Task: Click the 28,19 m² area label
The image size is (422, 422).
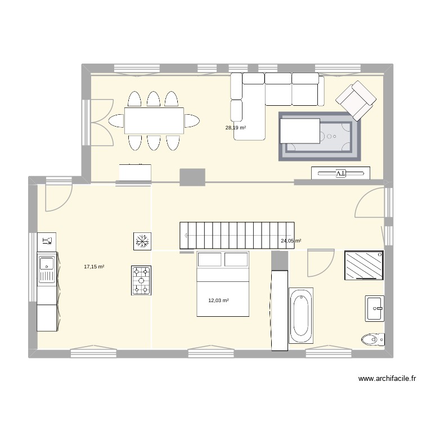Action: (x=236, y=128)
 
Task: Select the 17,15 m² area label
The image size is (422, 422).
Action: (x=94, y=267)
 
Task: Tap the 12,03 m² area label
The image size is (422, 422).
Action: (x=218, y=300)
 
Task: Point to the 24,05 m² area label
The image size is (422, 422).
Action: (x=291, y=241)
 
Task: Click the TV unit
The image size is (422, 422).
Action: (x=341, y=173)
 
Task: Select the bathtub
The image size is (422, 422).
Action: (x=301, y=317)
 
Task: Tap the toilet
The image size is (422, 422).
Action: (x=372, y=339)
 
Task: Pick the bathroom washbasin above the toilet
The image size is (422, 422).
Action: (x=374, y=308)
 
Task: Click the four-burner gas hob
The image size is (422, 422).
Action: (x=141, y=280)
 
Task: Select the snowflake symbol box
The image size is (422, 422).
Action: (x=141, y=241)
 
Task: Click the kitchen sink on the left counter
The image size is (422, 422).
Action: (x=46, y=270)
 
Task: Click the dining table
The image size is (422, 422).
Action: (x=154, y=120)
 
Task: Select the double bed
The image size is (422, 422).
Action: (x=222, y=284)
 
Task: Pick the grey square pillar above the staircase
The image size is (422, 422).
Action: (x=192, y=177)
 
